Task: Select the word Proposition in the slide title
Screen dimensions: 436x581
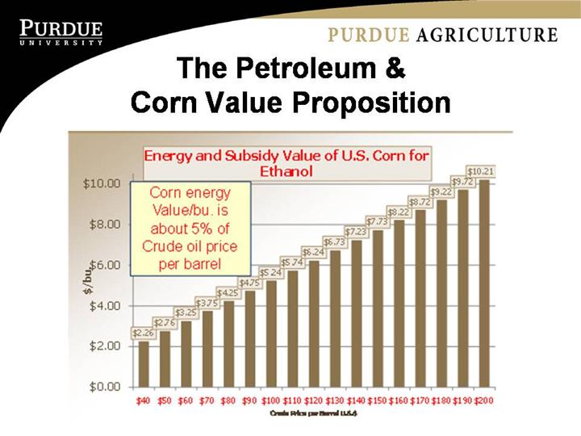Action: [x=366, y=103]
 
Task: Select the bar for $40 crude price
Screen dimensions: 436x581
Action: [x=144, y=363]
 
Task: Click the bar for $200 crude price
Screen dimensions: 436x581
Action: [x=483, y=283]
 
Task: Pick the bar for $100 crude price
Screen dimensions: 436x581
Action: [x=271, y=333]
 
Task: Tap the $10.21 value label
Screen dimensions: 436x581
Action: [x=482, y=171]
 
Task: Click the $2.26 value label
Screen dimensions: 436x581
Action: [x=144, y=332]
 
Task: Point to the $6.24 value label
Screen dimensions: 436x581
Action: [x=313, y=252]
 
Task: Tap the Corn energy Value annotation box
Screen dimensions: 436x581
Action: [x=190, y=228]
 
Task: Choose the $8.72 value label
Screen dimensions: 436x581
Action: [x=420, y=201]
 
